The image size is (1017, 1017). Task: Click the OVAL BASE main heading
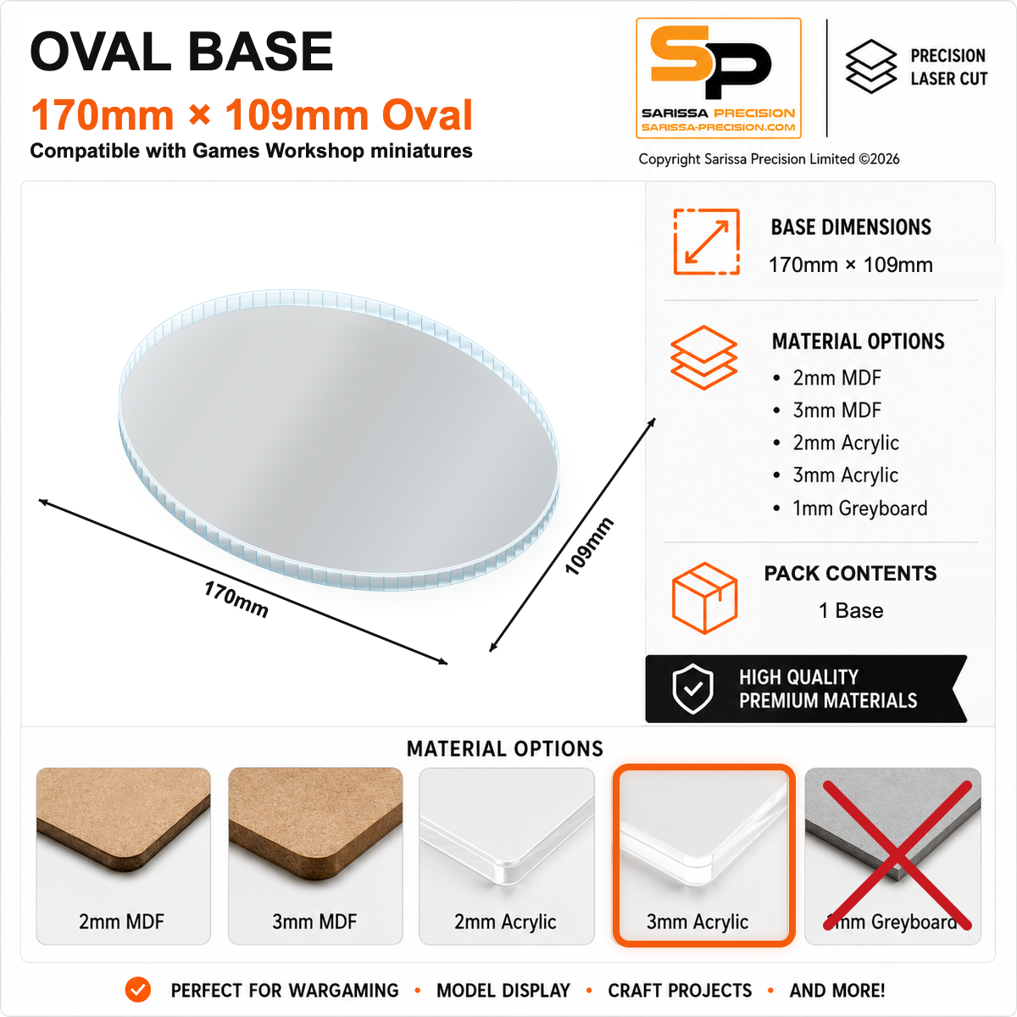point(181,52)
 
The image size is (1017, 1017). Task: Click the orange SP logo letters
point(710,62)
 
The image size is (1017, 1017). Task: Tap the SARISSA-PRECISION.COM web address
point(719,127)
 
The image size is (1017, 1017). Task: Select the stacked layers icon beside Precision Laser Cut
point(871,66)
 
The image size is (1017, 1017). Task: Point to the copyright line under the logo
point(769,158)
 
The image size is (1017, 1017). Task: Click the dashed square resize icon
point(706,242)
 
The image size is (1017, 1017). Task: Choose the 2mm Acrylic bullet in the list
point(846,442)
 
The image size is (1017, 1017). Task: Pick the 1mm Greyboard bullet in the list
point(859,508)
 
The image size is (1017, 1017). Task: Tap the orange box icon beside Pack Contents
point(704,597)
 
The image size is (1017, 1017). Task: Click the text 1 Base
point(851,610)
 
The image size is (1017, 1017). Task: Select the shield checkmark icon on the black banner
point(693,689)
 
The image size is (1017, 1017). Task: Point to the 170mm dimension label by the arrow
point(236,599)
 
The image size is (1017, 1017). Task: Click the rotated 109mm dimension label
point(588,546)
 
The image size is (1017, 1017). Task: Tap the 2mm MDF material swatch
point(123,855)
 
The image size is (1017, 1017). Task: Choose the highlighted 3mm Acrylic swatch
point(703,855)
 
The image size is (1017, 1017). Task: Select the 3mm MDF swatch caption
point(314,921)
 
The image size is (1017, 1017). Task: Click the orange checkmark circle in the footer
point(138,990)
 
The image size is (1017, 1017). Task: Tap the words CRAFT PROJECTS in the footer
point(680,990)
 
